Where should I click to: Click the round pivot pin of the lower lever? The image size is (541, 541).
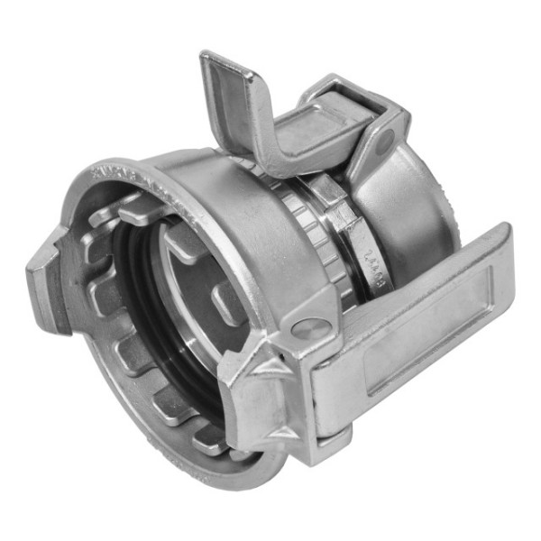(311, 329)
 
